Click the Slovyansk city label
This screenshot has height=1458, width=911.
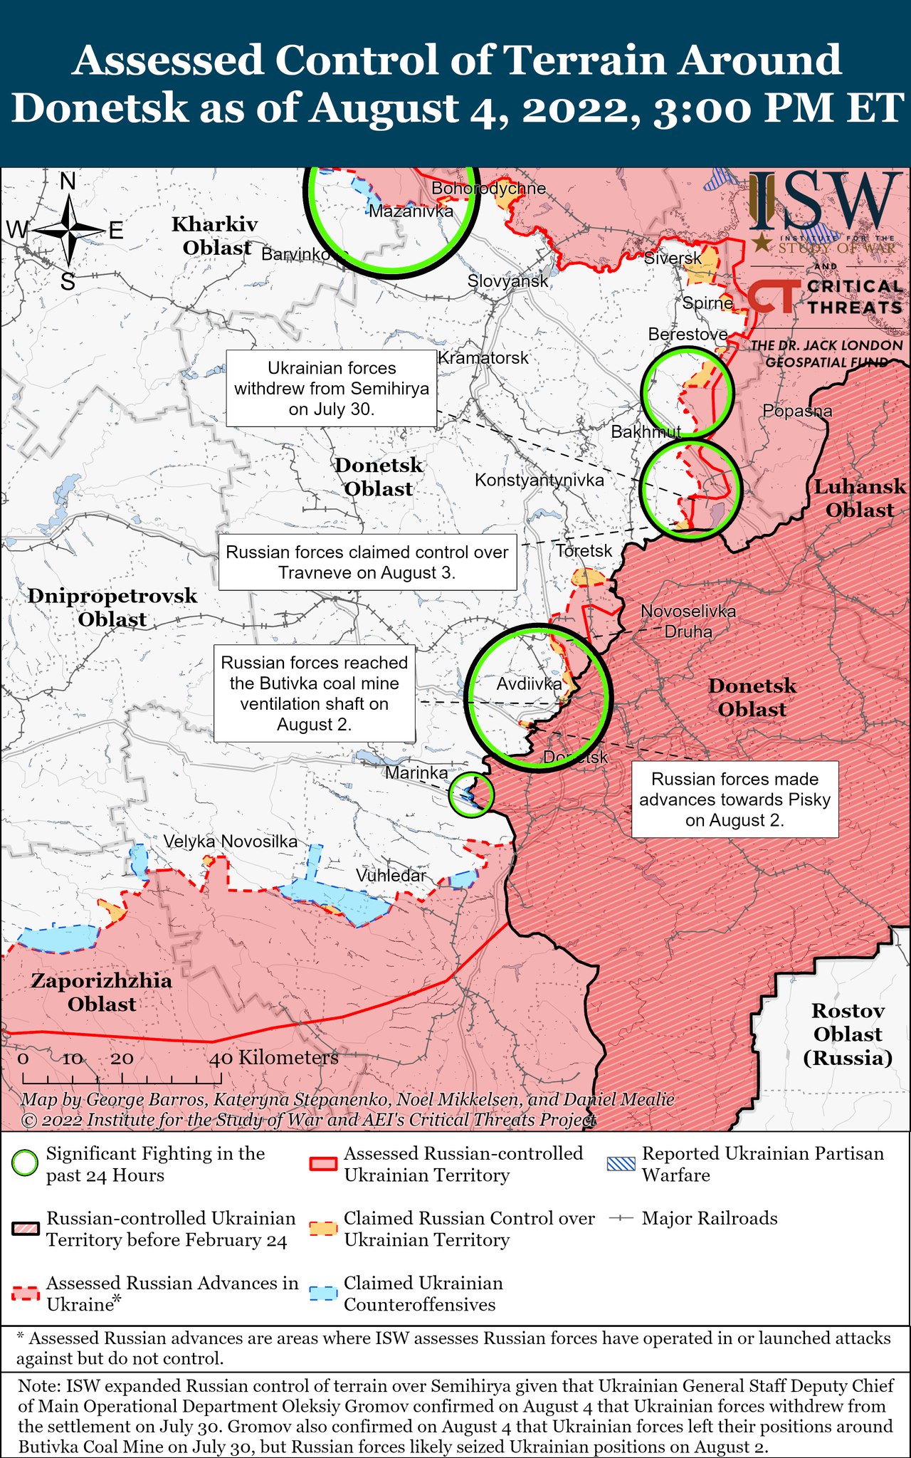(x=507, y=281)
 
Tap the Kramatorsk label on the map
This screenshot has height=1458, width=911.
(x=483, y=357)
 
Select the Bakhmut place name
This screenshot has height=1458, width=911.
(x=646, y=431)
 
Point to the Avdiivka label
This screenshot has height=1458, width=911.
(x=529, y=684)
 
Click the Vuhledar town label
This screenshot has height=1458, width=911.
(x=391, y=876)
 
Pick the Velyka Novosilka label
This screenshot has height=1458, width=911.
(x=231, y=841)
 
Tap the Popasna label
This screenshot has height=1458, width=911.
(x=797, y=411)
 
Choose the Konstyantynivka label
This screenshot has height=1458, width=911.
(x=539, y=481)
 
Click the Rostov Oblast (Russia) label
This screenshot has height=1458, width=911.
(x=848, y=1034)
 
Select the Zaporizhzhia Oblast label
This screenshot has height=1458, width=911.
(x=102, y=992)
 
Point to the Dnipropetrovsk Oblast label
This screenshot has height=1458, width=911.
(x=112, y=607)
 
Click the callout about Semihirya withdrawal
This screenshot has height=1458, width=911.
(x=332, y=389)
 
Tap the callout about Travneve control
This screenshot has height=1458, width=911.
(x=367, y=562)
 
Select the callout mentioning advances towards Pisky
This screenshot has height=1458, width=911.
(x=734, y=799)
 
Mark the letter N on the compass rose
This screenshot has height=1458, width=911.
(x=68, y=182)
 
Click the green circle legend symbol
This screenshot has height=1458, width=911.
(x=25, y=1164)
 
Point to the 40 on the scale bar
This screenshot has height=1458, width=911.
(x=221, y=1059)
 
